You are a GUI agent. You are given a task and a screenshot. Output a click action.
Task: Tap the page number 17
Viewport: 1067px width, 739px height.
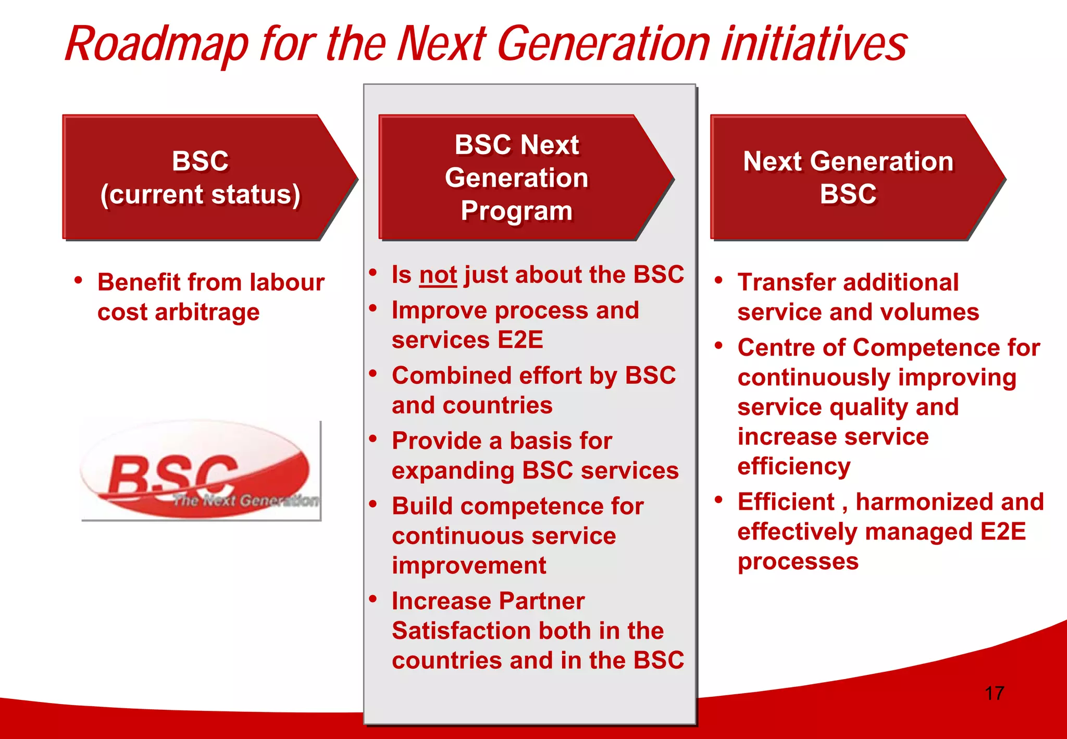tap(994, 693)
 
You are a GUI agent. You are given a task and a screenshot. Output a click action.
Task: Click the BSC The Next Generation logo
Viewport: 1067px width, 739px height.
tap(201, 471)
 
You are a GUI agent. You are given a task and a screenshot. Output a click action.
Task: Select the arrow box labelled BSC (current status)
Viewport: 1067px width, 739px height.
tap(201, 178)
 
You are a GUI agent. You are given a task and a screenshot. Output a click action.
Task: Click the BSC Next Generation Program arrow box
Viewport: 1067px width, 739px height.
tap(516, 178)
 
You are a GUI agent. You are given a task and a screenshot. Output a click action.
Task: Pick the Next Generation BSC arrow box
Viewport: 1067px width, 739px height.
tap(848, 178)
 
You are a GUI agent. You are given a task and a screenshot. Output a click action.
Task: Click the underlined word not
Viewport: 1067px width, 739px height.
tap(438, 275)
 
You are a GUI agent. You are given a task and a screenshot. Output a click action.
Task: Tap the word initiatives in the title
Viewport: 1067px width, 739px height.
tap(814, 45)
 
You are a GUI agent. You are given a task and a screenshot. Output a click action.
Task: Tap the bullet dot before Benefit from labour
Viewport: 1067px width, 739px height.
tap(79, 281)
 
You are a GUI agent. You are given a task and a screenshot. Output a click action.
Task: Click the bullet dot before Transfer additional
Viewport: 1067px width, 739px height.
tap(719, 281)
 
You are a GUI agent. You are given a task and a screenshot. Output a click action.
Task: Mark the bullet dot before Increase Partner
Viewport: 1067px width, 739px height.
tap(373, 599)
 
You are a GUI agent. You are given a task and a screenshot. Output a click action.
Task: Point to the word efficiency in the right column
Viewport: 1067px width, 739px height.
tap(793, 467)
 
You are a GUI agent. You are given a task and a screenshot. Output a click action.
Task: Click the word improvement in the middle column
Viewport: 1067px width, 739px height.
tap(469, 566)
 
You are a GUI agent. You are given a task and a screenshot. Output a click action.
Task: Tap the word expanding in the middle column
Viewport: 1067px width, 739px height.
tap(453, 471)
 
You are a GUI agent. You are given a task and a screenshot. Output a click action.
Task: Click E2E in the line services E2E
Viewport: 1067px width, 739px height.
tap(520, 340)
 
